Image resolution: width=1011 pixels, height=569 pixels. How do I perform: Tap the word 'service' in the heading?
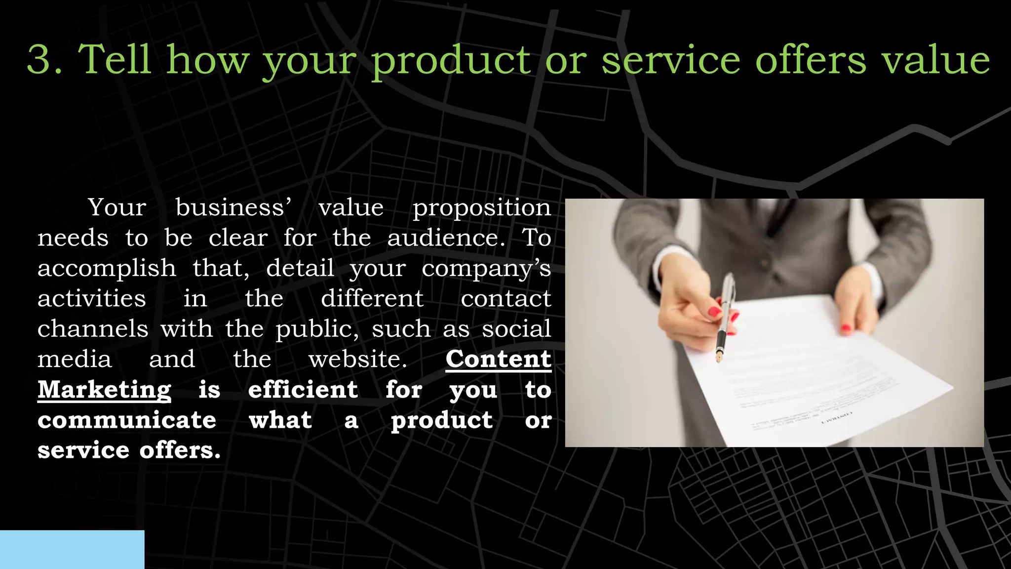point(671,59)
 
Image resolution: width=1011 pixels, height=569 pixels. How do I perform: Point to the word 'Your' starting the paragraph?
point(117,207)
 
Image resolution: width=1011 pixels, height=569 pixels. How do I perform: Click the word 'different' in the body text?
point(372,299)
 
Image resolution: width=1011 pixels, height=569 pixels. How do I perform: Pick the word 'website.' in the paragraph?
point(358,359)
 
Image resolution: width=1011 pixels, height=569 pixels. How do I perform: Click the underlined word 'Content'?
point(498,359)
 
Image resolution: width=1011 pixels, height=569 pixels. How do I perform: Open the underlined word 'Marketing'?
point(105,390)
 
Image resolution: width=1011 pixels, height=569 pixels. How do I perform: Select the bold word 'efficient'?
point(303,390)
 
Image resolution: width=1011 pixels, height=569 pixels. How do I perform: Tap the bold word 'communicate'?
point(127,420)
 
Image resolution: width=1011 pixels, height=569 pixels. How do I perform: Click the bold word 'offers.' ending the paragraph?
point(180,450)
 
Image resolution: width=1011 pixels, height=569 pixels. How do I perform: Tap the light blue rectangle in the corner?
point(72,549)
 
